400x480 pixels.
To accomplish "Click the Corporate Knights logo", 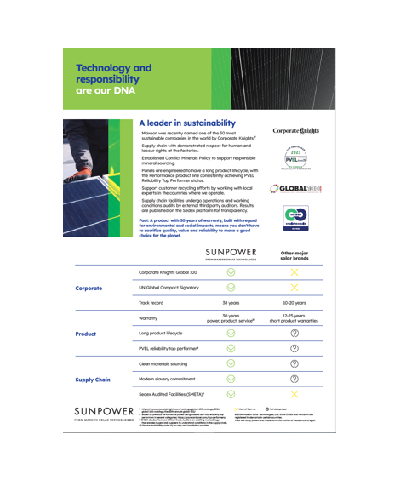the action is click(x=295, y=131).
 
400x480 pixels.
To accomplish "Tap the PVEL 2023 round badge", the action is click(x=294, y=157).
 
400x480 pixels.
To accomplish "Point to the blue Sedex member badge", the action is click(x=294, y=218).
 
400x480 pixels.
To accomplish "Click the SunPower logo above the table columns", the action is click(x=231, y=254).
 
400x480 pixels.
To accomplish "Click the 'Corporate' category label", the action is click(x=89, y=289).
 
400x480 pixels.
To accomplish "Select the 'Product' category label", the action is click(x=86, y=334).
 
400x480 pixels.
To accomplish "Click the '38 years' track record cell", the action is click(x=231, y=302).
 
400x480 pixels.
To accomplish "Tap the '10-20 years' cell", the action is click(x=295, y=302).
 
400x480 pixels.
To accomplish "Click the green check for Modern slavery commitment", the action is click(x=231, y=380).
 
